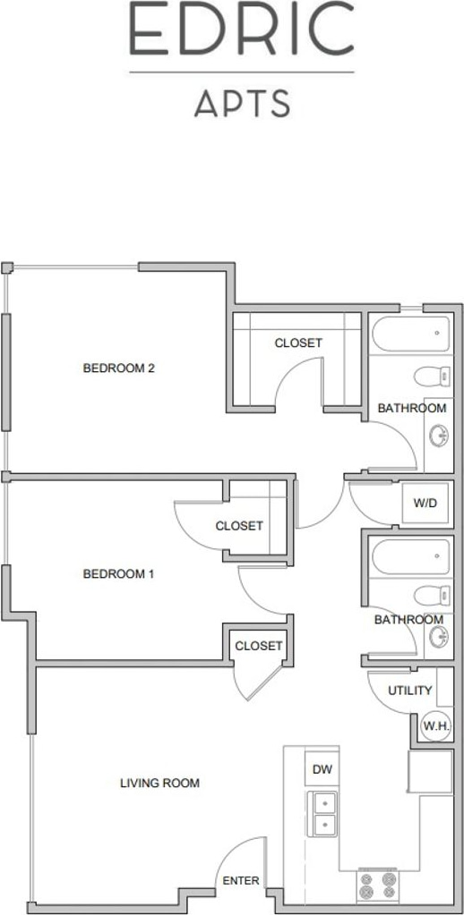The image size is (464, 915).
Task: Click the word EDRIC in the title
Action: tap(241, 28)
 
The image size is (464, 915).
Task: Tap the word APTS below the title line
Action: tap(243, 103)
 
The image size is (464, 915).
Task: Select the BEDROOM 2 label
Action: tap(118, 369)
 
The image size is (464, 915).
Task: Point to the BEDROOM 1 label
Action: tap(118, 574)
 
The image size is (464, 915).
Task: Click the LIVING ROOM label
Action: tap(159, 784)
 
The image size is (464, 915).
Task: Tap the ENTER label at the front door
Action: tap(241, 881)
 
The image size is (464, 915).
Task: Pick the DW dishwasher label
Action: tap(322, 770)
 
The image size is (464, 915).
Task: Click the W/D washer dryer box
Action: tap(425, 503)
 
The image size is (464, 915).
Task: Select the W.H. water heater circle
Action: tap(436, 726)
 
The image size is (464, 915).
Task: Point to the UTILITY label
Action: tap(409, 690)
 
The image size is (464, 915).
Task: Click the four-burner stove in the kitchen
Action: tap(377, 885)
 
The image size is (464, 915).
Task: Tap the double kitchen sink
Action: tap(322, 814)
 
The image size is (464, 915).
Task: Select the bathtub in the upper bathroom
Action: tap(411, 334)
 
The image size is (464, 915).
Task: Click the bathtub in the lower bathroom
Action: tap(411, 556)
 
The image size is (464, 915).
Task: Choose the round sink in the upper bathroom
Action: tap(439, 435)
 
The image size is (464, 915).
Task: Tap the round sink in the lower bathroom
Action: tap(439, 637)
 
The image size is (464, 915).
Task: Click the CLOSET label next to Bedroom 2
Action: tap(298, 343)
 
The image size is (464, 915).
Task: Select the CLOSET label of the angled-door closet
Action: tap(258, 646)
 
